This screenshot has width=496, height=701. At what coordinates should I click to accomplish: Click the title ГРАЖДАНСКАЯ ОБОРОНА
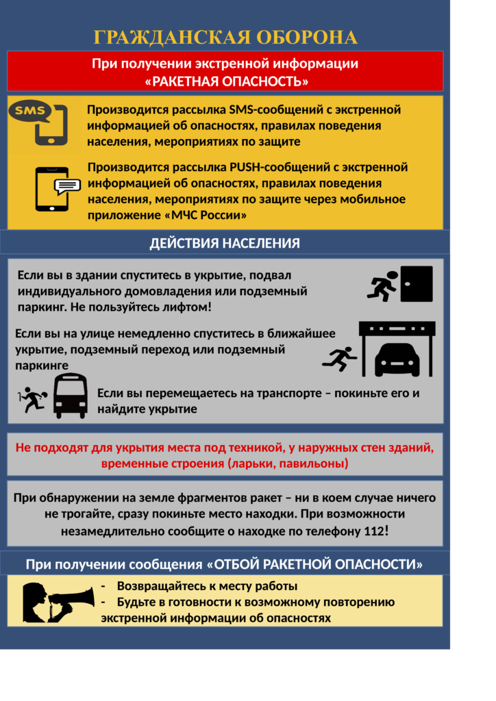225,37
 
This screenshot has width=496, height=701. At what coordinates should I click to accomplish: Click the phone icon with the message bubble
55,188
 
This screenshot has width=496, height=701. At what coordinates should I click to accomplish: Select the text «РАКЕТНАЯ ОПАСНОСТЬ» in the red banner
227,81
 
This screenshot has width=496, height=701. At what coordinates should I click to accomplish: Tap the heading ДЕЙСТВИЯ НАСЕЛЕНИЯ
225,243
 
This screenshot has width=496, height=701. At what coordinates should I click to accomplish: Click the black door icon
417,283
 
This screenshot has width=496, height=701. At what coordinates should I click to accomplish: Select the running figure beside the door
383,286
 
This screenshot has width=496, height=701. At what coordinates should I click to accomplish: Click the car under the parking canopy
397,358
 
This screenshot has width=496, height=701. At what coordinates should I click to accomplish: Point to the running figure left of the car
340,358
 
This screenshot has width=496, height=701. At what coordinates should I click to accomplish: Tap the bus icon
71,396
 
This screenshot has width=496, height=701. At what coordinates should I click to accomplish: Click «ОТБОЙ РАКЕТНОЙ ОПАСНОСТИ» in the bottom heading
314,565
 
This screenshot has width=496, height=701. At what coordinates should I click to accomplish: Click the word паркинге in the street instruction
42,366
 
